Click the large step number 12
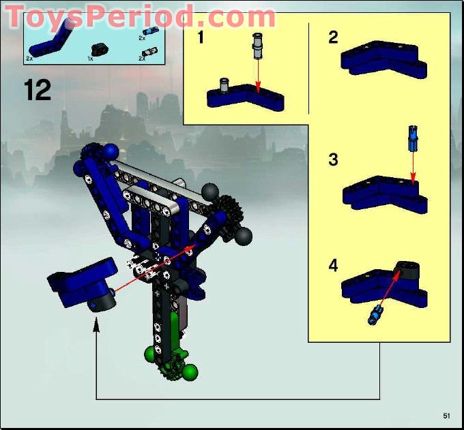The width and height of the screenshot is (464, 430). click(38, 90)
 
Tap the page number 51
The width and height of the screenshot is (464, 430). click(447, 415)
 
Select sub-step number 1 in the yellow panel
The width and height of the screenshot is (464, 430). click(201, 37)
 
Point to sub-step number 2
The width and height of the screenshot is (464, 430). click(333, 37)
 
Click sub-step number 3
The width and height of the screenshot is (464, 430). click(333, 160)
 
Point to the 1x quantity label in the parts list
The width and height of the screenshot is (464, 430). click(90, 60)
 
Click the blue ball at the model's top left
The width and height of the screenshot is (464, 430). click(109, 151)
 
